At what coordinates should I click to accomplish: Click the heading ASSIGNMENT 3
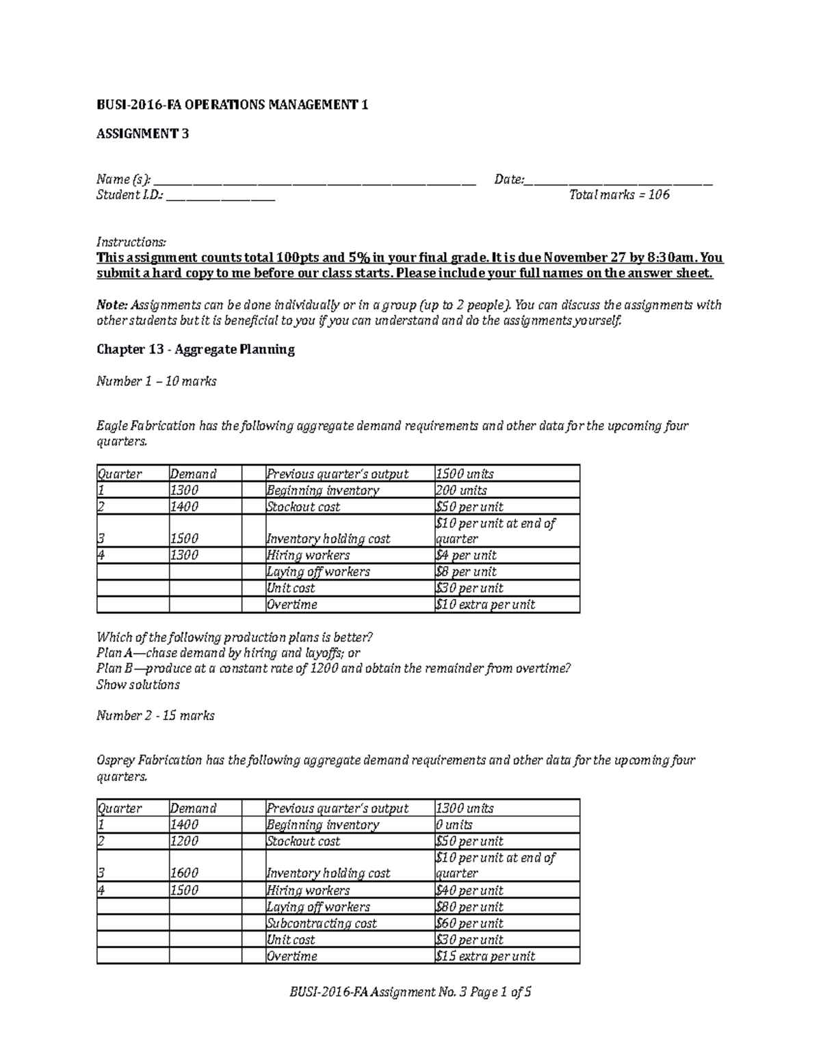142,134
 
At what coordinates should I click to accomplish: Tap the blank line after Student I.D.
220,197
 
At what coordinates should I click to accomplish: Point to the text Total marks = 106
619,195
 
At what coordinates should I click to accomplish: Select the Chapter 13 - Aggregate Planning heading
196,350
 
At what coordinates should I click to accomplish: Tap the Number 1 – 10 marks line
156,382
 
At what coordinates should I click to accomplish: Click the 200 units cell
461,491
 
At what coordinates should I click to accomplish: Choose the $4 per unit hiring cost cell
466,556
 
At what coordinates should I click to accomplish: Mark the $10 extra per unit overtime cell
485,605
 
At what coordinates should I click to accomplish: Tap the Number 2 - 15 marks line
155,716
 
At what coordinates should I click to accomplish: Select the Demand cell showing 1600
185,873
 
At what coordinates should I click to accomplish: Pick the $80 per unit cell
469,907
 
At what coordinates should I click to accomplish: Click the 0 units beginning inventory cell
454,825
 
